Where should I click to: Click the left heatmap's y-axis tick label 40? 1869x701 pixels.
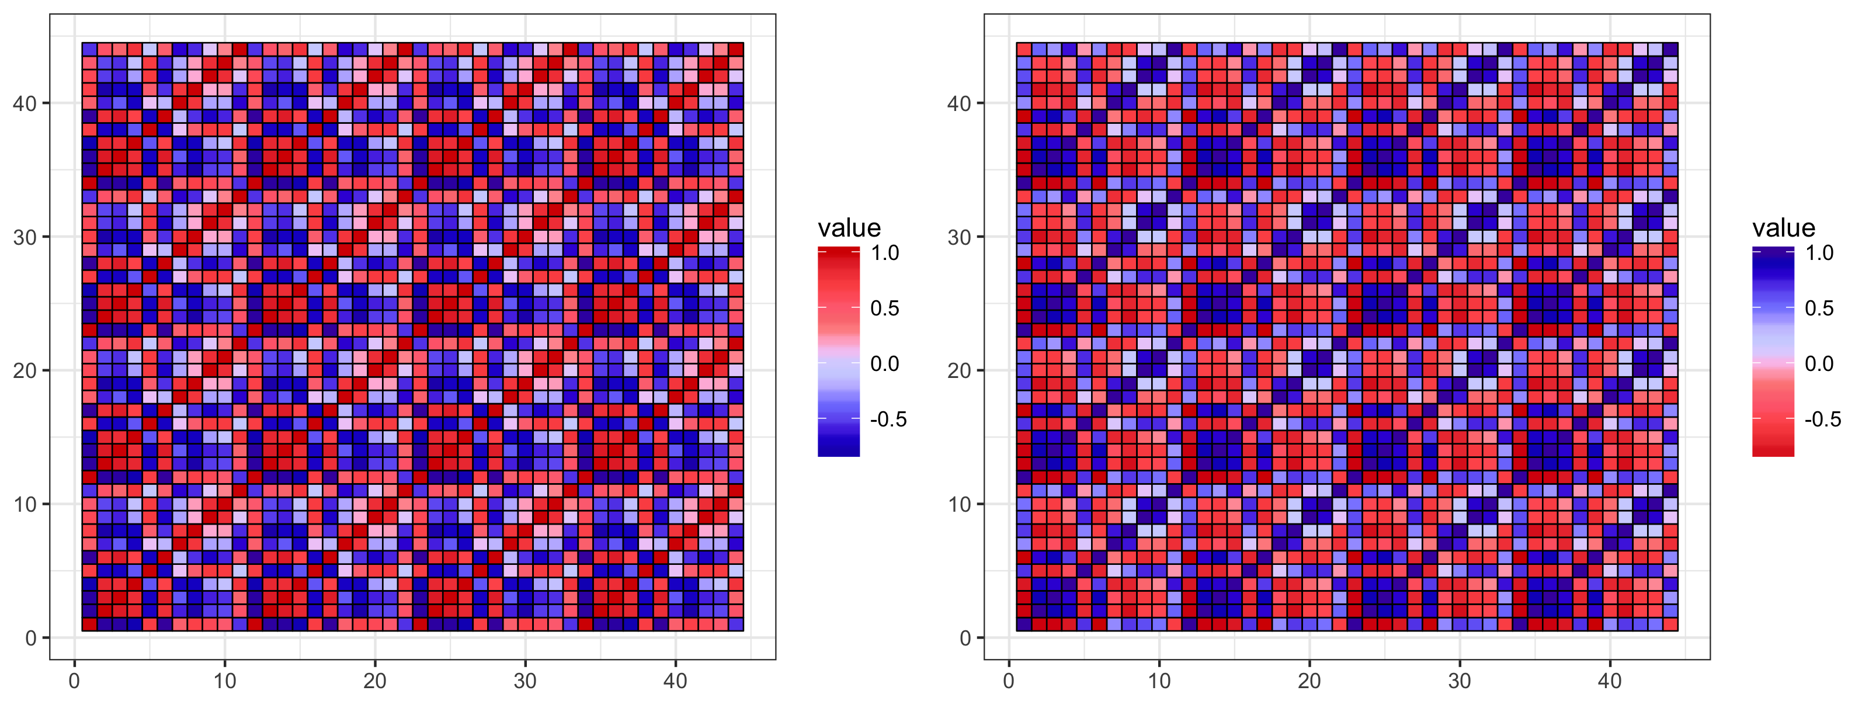pyautogui.click(x=25, y=104)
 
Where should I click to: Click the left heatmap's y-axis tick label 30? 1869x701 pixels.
pyautogui.click(x=25, y=237)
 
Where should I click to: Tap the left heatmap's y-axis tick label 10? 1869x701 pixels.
pyautogui.click(x=25, y=504)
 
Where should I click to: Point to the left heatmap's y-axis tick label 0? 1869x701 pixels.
pyautogui.click(x=30, y=638)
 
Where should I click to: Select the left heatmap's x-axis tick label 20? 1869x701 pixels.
pyautogui.click(x=375, y=681)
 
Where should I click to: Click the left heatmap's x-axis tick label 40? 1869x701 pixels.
pyautogui.click(x=676, y=681)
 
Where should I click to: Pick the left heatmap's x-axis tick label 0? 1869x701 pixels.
pyautogui.click(x=74, y=681)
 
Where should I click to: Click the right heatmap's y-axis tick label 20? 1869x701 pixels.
pyautogui.click(x=959, y=371)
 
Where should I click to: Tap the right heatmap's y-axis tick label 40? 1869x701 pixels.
pyautogui.click(x=959, y=104)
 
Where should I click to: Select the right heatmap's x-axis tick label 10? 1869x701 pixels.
pyautogui.click(x=1159, y=681)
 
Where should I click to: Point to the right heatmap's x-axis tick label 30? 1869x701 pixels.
pyautogui.click(x=1459, y=681)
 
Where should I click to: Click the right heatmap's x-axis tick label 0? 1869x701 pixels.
pyautogui.click(x=1009, y=681)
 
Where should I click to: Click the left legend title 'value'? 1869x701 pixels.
pyautogui.click(x=849, y=228)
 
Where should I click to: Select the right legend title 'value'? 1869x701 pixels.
pyautogui.click(x=1783, y=228)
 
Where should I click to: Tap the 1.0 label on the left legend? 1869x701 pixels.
pyautogui.click(x=884, y=254)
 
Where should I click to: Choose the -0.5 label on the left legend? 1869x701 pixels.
pyautogui.click(x=888, y=419)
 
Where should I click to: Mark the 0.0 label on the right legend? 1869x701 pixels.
pyautogui.click(x=1819, y=363)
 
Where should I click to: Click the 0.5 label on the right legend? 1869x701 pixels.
pyautogui.click(x=1819, y=308)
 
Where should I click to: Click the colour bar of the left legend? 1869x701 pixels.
pyautogui.click(x=838, y=352)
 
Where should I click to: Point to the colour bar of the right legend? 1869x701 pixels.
pyautogui.click(x=1773, y=352)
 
